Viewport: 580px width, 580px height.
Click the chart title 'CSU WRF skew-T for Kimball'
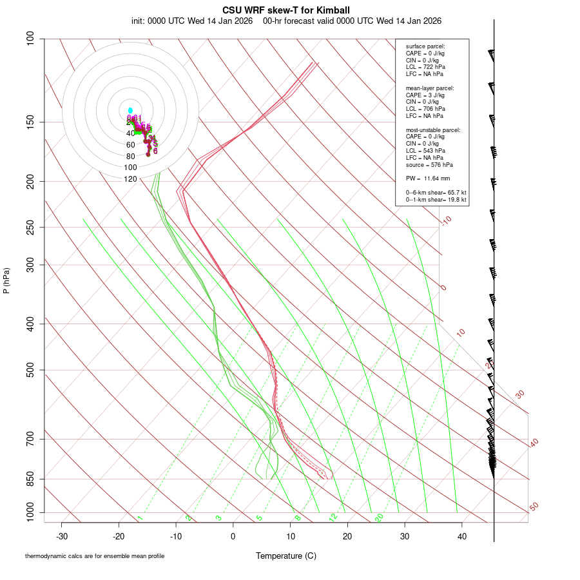[286, 10]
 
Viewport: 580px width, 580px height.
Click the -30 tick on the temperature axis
[62, 536]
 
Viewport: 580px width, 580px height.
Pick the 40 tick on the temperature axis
[462, 536]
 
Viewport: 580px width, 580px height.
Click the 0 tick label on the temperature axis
[233, 536]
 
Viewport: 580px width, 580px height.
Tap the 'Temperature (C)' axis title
[286, 556]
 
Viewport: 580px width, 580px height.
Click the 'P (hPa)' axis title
[6, 280]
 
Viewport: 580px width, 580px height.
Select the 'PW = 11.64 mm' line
[428, 178]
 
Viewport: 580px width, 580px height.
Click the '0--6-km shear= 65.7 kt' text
[436, 193]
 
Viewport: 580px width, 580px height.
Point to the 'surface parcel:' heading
[425, 46]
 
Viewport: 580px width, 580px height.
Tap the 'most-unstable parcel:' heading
[433, 130]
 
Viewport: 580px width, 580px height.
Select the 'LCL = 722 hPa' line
[425, 67]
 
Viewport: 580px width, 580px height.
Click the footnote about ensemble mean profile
[95, 556]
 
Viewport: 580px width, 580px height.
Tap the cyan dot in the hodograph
[130, 110]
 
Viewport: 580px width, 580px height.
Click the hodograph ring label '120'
[131, 179]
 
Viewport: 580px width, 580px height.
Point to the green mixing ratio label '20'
[379, 517]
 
